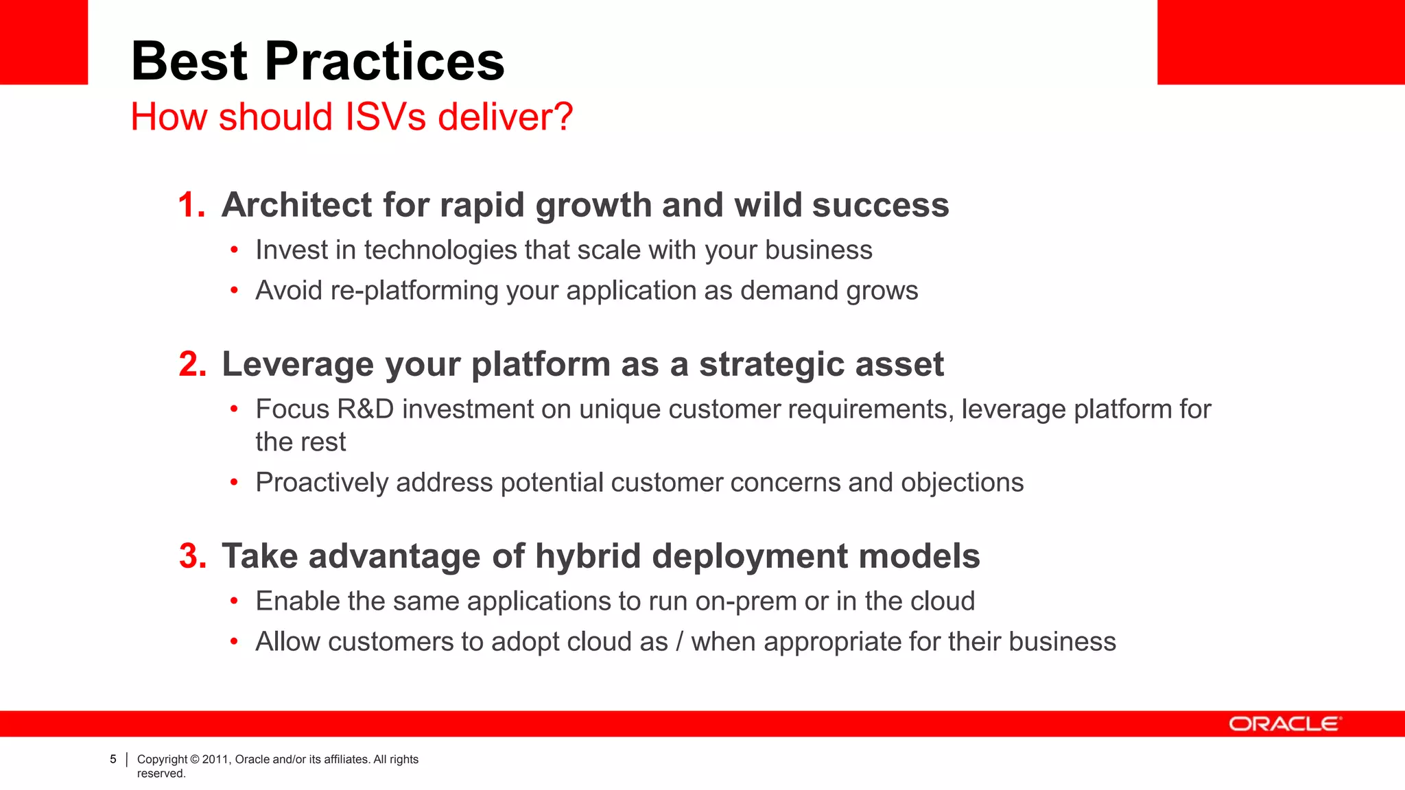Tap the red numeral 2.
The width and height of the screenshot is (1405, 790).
pos(192,364)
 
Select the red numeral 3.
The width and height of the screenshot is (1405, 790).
pos(192,556)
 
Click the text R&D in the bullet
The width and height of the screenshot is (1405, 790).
pos(366,409)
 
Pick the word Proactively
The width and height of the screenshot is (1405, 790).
pos(322,483)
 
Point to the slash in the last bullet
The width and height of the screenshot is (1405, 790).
pos(679,642)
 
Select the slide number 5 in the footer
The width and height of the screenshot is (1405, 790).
pos(113,759)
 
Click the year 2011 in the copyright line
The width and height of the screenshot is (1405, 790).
pos(215,759)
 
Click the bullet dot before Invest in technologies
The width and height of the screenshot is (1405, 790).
pos(234,250)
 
